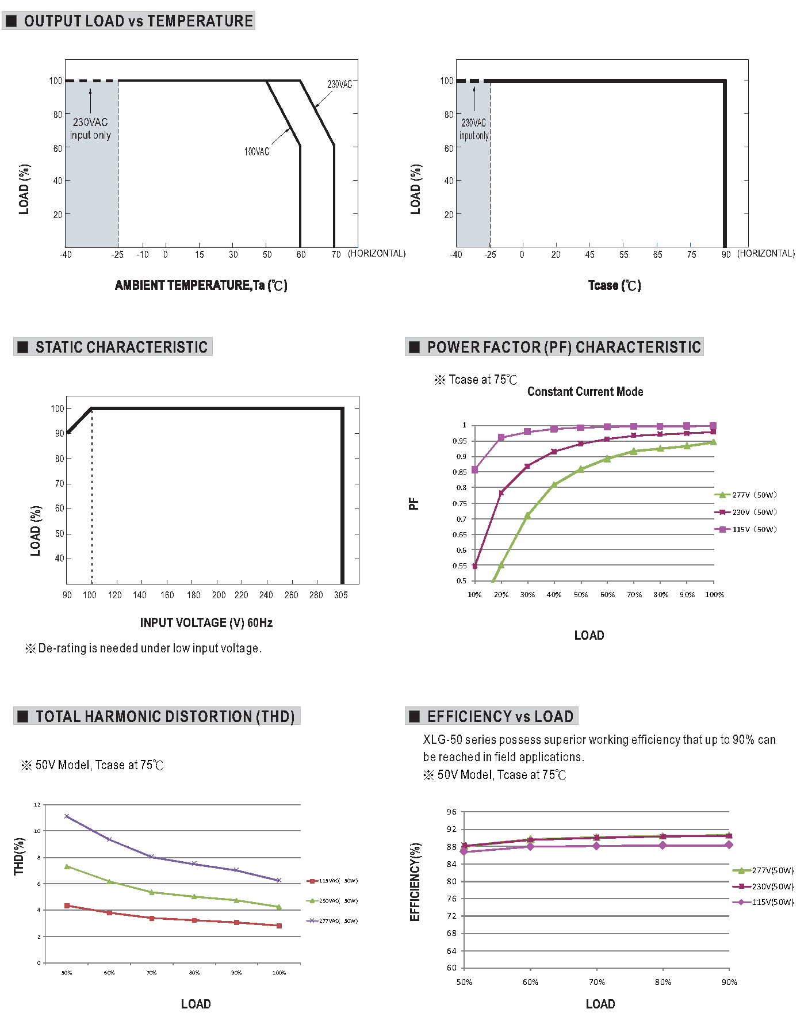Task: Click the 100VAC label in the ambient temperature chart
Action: click(256, 152)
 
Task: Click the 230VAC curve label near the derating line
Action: click(339, 85)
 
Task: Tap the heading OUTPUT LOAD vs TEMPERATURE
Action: click(138, 21)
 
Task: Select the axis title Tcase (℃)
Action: click(614, 285)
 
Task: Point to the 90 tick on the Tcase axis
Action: click(726, 254)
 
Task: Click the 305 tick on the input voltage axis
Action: click(341, 595)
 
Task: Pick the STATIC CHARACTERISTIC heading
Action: click(121, 347)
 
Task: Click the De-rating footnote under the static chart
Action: click(144, 648)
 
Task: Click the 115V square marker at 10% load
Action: click(474, 470)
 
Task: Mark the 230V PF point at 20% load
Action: click(501, 492)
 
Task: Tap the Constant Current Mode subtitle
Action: click(585, 392)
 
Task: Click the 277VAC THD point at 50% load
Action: click(67, 816)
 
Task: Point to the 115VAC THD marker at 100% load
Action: click(279, 926)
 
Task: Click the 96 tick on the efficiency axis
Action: click(451, 812)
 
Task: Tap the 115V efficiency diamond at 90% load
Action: click(729, 844)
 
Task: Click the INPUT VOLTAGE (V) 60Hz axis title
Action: click(206, 622)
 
